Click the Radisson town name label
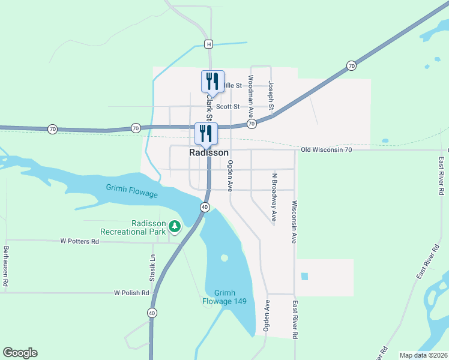pyautogui.click(x=208, y=153)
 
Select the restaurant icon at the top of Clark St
pyautogui.click(x=212, y=81)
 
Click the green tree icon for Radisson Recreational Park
pyautogui.click(x=175, y=226)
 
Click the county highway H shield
pyautogui.click(x=208, y=44)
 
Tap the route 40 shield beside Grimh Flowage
pyautogui.click(x=205, y=207)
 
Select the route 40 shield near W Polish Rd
pyautogui.click(x=152, y=313)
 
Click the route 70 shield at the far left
pyautogui.click(x=53, y=129)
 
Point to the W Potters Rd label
pyautogui.click(x=79, y=241)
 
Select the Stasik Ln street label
pyautogui.click(x=152, y=268)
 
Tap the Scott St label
pyautogui.click(x=228, y=107)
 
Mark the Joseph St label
pyautogui.click(x=271, y=96)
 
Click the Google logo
pyautogui.click(x=20, y=353)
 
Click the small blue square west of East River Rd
pyautogui.click(x=304, y=277)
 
